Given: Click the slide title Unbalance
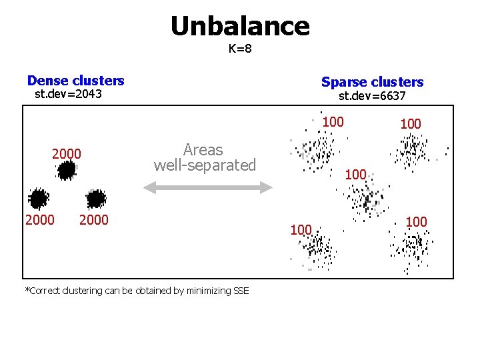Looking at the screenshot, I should [x=240, y=26].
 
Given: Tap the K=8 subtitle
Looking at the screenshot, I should [x=240, y=49].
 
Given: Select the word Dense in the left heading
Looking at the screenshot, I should [x=49, y=81].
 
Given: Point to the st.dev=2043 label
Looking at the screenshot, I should [x=68, y=94].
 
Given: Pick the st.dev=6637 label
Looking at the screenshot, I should [x=372, y=96].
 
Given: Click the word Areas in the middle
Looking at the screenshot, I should [x=203, y=149].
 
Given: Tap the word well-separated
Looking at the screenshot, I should [x=205, y=165].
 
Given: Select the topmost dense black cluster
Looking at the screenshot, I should [x=66, y=171].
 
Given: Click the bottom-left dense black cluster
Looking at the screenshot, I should [x=38, y=198].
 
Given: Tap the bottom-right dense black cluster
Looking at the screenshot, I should [x=96, y=198].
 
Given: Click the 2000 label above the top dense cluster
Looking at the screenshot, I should [x=67, y=154].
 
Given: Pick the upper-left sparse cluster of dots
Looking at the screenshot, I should [x=314, y=153].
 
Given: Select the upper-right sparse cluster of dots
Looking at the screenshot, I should [x=412, y=150].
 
